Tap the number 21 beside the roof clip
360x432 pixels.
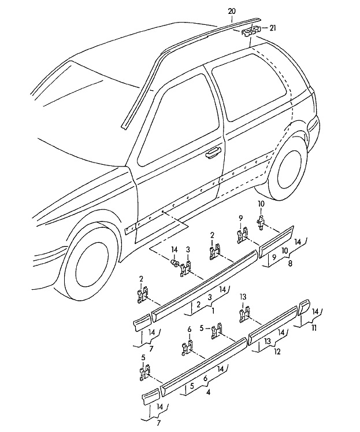(273, 28)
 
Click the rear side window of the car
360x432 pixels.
(250, 91)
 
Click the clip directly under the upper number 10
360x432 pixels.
(261, 222)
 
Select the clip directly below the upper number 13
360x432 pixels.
(244, 313)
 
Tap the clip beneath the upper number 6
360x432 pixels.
(188, 348)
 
